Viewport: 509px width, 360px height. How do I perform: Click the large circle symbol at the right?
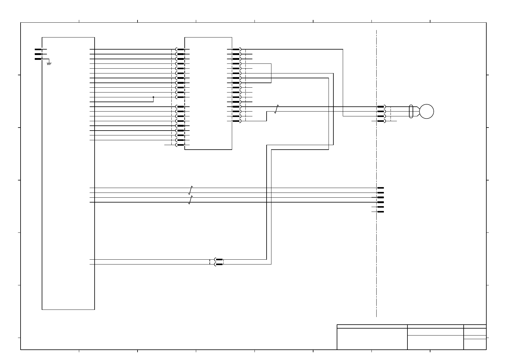click(426, 112)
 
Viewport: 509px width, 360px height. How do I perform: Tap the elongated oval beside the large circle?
click(411, 112)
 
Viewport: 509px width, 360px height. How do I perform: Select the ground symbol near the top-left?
click(49, 63)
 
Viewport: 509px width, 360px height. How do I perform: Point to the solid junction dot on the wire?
click(153, 97)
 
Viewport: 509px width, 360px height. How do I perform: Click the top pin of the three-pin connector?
click(38, 49)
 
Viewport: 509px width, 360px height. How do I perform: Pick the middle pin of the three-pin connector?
click(38, 54)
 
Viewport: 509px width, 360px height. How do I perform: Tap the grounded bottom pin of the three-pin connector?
click(38, 59)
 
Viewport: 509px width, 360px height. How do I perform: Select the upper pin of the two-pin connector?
click(219, 259)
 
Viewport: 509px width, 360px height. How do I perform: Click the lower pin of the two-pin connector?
click(219, 264)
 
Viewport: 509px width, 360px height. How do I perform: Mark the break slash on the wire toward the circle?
click(276, 109)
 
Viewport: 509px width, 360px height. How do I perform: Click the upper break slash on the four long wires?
click(190, 190)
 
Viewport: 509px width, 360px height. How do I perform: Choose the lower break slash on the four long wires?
click(190, 200)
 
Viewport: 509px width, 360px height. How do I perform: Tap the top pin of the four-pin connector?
click(381, 107)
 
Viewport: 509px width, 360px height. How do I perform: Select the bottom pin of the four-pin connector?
click(381, 121)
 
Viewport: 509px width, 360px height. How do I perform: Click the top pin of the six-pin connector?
click(381, 188)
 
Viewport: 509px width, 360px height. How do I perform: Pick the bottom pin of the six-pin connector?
click(381, 212)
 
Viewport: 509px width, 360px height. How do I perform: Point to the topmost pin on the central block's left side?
click(180, 49)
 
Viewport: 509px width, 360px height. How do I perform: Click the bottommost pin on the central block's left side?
click(180, 145)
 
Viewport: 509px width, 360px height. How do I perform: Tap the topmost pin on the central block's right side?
click(236, 49)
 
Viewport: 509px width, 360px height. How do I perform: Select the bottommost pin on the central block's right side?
click(236, 121)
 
